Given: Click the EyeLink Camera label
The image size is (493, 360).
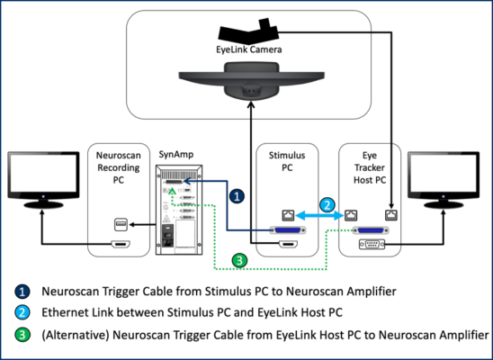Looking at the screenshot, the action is (x=248, y=49).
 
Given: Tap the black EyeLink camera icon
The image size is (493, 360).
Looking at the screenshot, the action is (x=248, y=31).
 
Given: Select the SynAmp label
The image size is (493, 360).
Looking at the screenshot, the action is (x=176, y=155).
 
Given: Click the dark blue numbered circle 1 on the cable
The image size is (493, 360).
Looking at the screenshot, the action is (x=237, y=196).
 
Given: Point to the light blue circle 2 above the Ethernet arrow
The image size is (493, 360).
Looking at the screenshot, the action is (x=327, y=205).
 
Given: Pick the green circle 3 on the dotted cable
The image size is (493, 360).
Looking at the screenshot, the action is (x=239, y=261).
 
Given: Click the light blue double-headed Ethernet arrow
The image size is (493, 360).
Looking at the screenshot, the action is (x=318, y=215).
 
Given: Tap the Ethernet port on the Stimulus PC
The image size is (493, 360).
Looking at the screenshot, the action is (x=288, y=215).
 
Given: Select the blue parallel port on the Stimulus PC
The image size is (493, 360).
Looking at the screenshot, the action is (x=288, y=230).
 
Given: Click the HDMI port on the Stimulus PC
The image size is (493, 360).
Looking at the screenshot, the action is (x=288, y=244).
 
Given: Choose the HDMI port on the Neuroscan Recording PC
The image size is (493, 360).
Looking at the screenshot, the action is (x=121, y=244).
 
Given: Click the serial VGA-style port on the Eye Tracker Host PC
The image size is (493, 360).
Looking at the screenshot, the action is (x=372, y=244).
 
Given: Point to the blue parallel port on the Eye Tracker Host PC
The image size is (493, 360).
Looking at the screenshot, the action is (x=371, y=230).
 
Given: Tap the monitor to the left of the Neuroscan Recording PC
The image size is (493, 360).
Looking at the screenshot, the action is (x=43, y=179).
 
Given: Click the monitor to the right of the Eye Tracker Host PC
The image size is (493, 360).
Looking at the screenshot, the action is (x=444, y=179).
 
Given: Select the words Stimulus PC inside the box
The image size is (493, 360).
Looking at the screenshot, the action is (x=287, y=161).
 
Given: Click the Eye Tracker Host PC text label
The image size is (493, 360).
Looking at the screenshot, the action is (x=370, y=167).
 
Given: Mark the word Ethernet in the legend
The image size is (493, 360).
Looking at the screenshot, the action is (x=61, y=312).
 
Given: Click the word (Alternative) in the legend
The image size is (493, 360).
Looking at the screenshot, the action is (x=76, y=335).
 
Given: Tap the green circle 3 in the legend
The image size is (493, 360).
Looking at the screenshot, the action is (x=22, y=335).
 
